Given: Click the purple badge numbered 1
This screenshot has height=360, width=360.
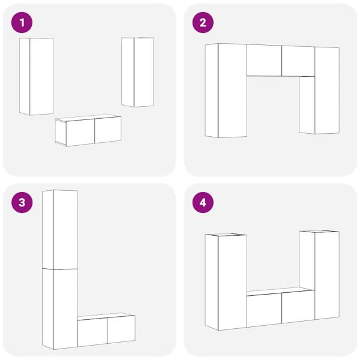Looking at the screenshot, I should coord(23,23).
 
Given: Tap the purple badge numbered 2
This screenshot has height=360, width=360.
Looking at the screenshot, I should coord(203,23).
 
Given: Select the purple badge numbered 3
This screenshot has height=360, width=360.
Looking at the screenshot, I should coord(23,203).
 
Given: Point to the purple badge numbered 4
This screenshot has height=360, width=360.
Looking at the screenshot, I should coord(203,203).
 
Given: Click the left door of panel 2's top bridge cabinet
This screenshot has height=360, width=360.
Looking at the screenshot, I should coord(264,60).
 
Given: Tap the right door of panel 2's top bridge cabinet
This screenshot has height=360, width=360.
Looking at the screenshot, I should coord(298,61).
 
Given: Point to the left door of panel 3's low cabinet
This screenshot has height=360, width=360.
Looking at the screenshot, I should coord(92,332).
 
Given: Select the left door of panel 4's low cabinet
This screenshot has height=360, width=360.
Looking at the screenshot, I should coord(264,311).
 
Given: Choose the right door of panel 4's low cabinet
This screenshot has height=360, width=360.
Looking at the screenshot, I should coord(298,307).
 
